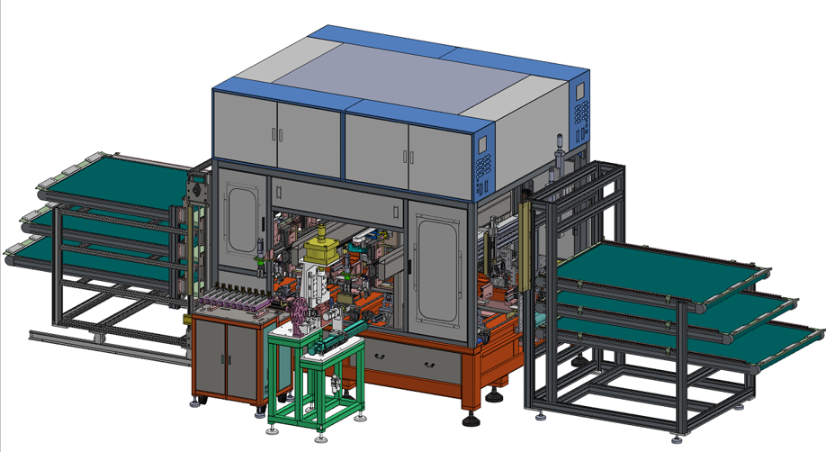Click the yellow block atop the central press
[319, 245]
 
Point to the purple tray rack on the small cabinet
[236, 303]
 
